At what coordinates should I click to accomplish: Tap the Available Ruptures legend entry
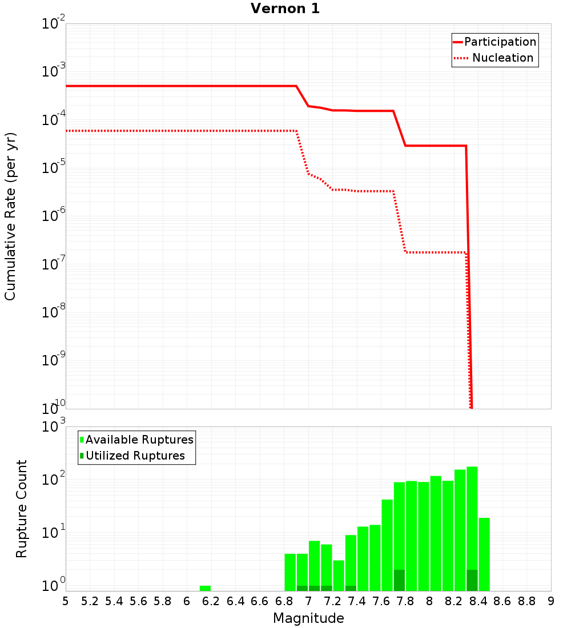click(139, 440)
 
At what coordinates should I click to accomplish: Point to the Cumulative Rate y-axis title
click(10, 216)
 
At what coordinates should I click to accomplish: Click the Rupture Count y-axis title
click(22, 509)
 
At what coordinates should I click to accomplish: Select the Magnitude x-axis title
click(308, 618)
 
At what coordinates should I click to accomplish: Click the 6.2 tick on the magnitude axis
click(211, 601)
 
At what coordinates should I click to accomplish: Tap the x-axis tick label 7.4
click(357, 601)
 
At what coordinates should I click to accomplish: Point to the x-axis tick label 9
click(550, 601)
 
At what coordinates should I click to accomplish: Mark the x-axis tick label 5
click(66, 601)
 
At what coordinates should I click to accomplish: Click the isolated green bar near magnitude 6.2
click(205, 588)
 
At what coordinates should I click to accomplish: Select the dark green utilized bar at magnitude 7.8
click(399, 580)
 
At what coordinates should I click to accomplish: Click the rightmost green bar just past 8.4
click(484, 554)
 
